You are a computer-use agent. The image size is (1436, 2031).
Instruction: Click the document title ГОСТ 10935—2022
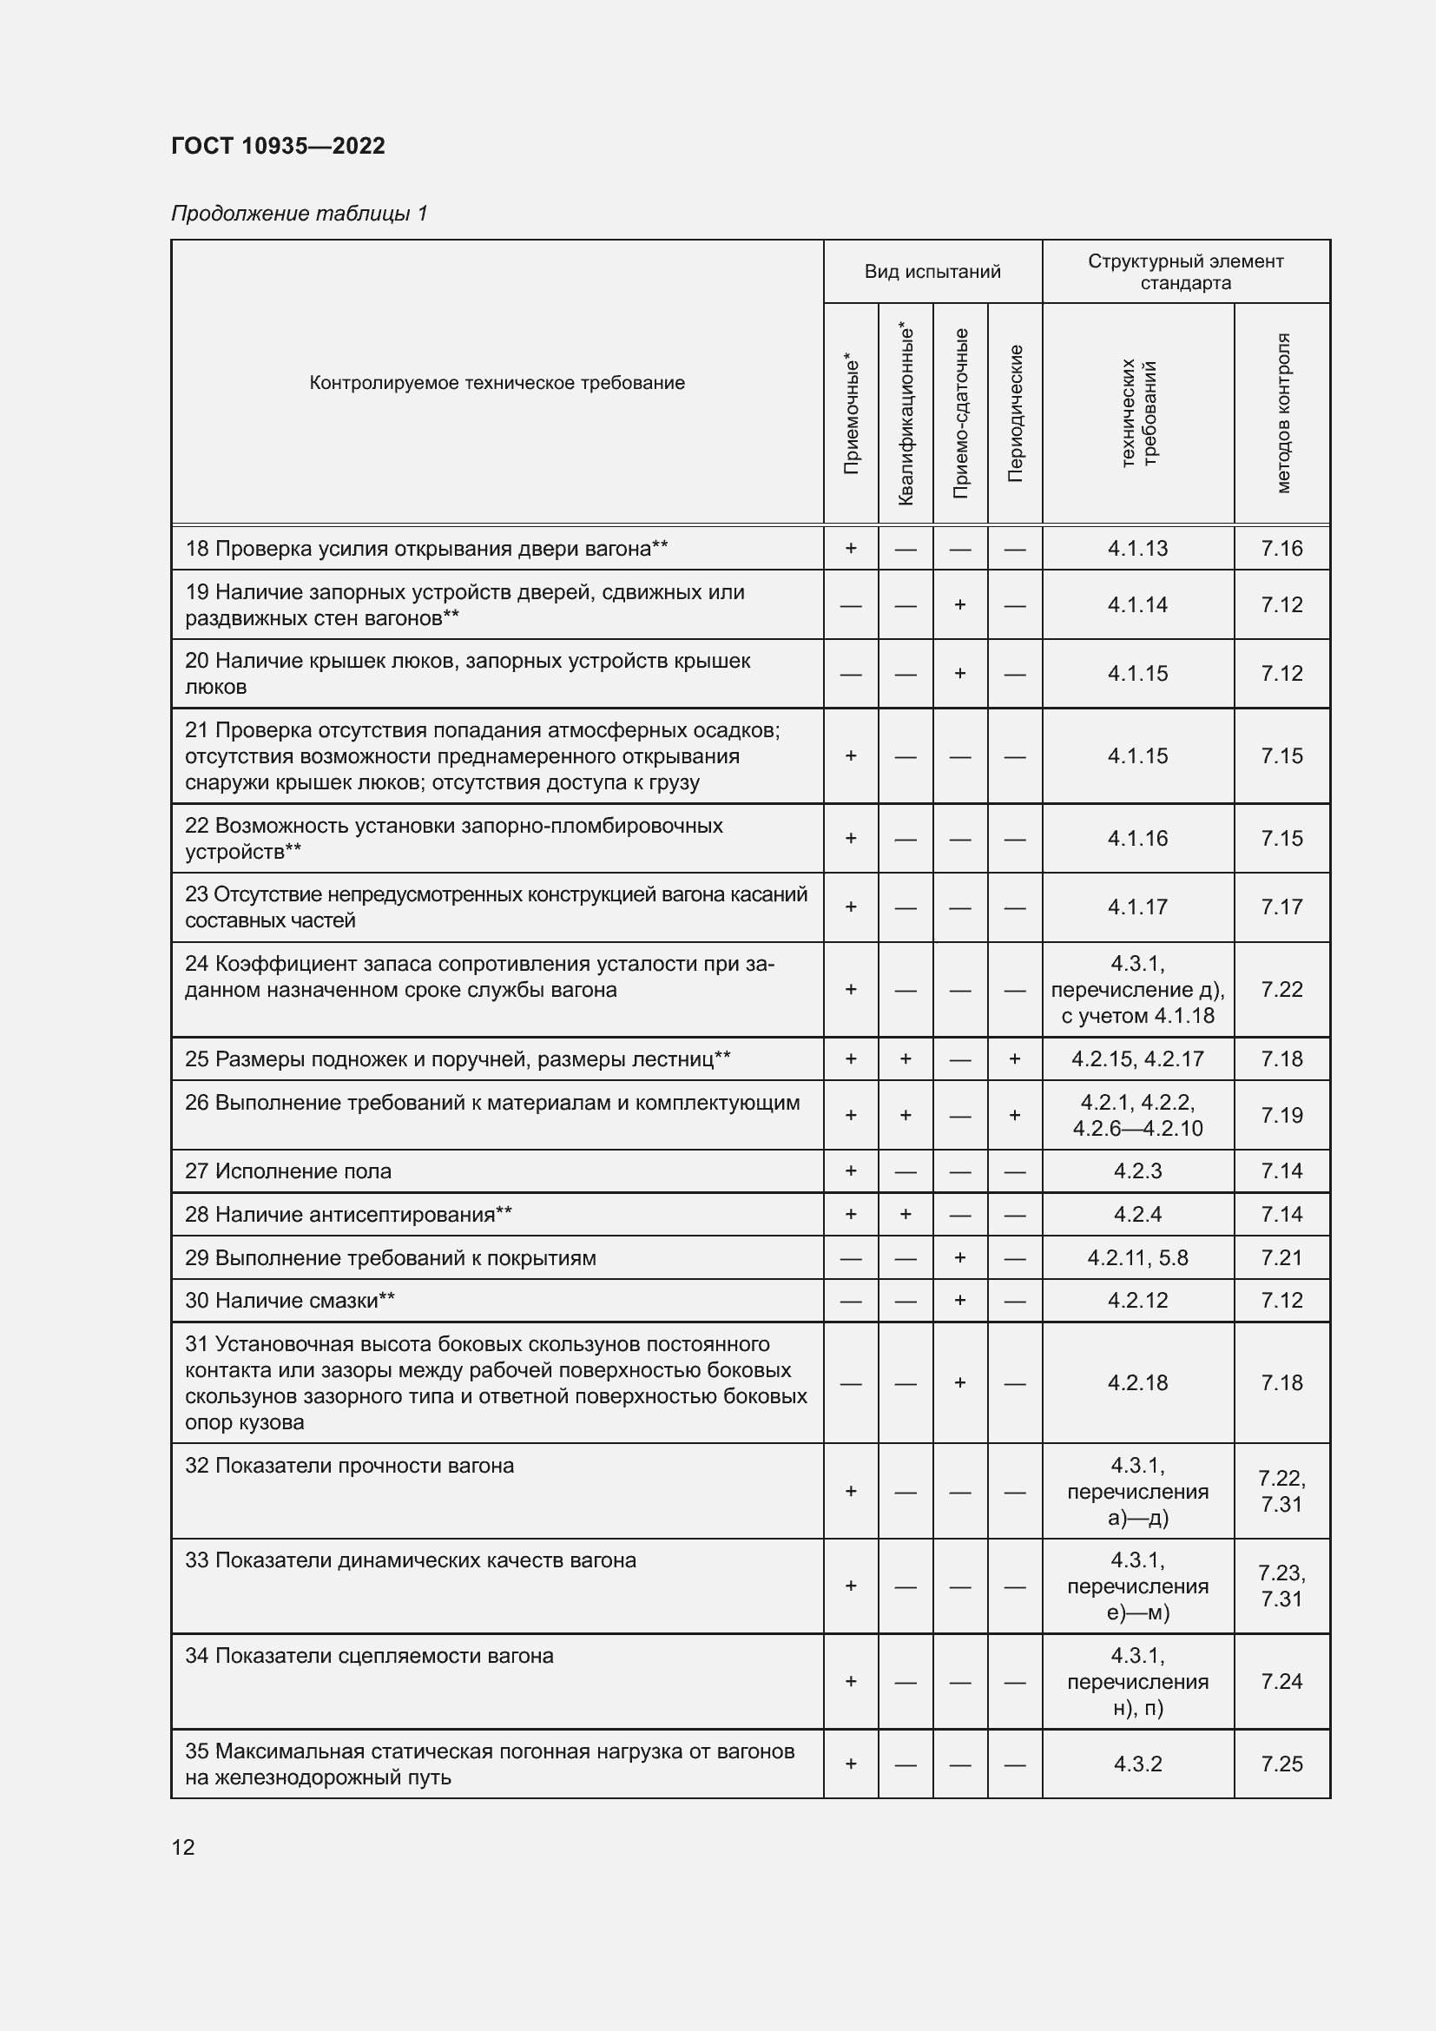278,146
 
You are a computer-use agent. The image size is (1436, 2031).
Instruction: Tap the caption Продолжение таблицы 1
299,214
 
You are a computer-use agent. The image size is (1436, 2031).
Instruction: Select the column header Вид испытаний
932,272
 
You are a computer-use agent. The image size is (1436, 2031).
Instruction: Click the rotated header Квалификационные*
906,413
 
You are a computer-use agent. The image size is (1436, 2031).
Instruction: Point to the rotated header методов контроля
1283,413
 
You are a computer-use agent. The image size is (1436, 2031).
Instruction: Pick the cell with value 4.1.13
1137,549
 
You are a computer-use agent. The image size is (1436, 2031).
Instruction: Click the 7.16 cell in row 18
1281,549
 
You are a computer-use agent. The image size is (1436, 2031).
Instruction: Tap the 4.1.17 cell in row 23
1137,907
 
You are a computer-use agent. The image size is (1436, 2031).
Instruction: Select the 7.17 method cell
1281,907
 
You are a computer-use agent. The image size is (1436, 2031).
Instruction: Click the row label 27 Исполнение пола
288,1171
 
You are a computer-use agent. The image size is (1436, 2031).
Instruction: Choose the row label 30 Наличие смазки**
290,1301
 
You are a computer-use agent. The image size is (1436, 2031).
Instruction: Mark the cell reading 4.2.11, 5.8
1137,1258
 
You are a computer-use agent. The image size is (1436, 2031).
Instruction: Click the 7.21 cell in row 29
1281,1258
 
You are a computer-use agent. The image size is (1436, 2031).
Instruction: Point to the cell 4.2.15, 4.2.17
1137,1058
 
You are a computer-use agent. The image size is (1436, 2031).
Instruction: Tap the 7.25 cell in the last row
1281,1764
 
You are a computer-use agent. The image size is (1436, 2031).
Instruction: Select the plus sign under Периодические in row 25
1014,1058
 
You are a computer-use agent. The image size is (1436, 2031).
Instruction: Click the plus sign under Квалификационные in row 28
906,1215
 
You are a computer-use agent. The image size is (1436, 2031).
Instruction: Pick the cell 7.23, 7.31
1281,1586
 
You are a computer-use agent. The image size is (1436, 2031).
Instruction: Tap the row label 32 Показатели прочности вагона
349,1466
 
